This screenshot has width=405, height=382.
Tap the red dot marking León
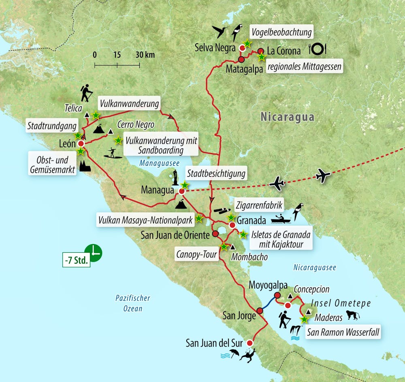click(x=81, y=144)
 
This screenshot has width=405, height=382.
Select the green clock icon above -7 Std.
click(x=93, y=253)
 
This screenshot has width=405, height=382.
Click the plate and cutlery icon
click(x=318, y=49)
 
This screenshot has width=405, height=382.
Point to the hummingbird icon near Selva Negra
click(x=220, y=32)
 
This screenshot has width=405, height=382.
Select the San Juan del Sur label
click(x=214, y=343)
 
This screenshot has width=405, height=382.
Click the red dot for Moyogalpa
click(x=277, y=295)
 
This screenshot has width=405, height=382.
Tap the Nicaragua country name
click(x=288, y=117)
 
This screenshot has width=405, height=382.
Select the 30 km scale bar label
click(x=145, y=55)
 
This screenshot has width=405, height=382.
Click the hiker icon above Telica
click(x=86, y=93)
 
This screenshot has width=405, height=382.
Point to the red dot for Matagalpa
click(x=241, y=59)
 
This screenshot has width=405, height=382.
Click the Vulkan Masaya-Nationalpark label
click(x=145, y=220)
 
